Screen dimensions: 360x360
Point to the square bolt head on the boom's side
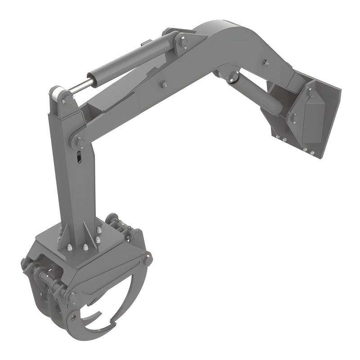click(162, 84)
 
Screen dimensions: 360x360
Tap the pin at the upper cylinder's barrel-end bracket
click(184, 43)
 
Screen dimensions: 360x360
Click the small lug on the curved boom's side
click(265, 62)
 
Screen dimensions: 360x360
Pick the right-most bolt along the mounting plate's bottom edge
click(312, 153)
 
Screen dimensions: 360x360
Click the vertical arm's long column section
click(74, 189)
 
